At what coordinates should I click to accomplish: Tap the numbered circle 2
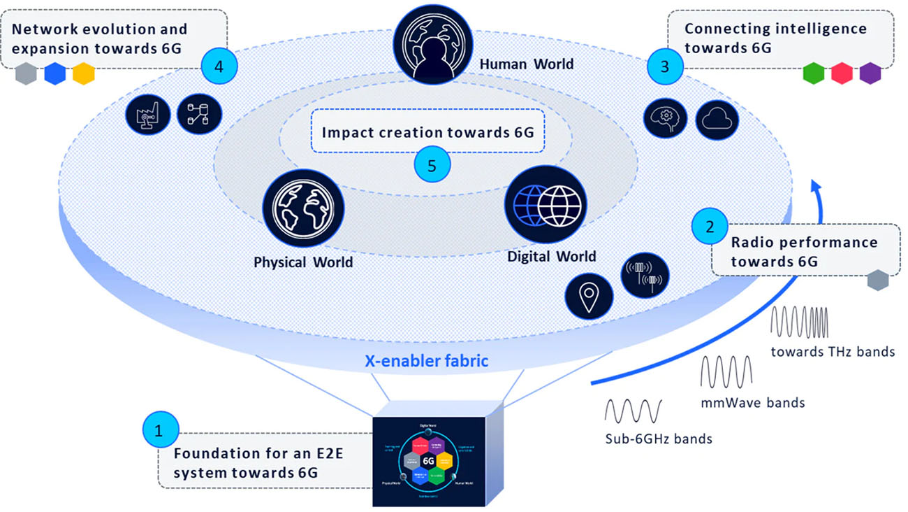click(x=710, y=227)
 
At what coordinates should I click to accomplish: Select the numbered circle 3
click(x=664, y=66)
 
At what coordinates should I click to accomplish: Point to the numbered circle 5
click(x=432, y=166)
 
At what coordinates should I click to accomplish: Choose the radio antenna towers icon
click(x=644, y=276)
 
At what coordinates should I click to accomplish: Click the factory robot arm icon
click(x=147, y=113)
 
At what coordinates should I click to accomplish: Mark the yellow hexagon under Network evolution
click(x=83, y=73)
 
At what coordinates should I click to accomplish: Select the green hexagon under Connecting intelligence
click(x=814, y=73)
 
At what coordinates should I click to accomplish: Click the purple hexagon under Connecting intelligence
click(x=870, y=73)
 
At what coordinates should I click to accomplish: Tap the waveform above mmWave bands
click(x=726, y=371)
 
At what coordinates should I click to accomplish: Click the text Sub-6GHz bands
click(x=659, y=439)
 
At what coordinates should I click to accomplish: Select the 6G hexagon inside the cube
click(x=428, y=461)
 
